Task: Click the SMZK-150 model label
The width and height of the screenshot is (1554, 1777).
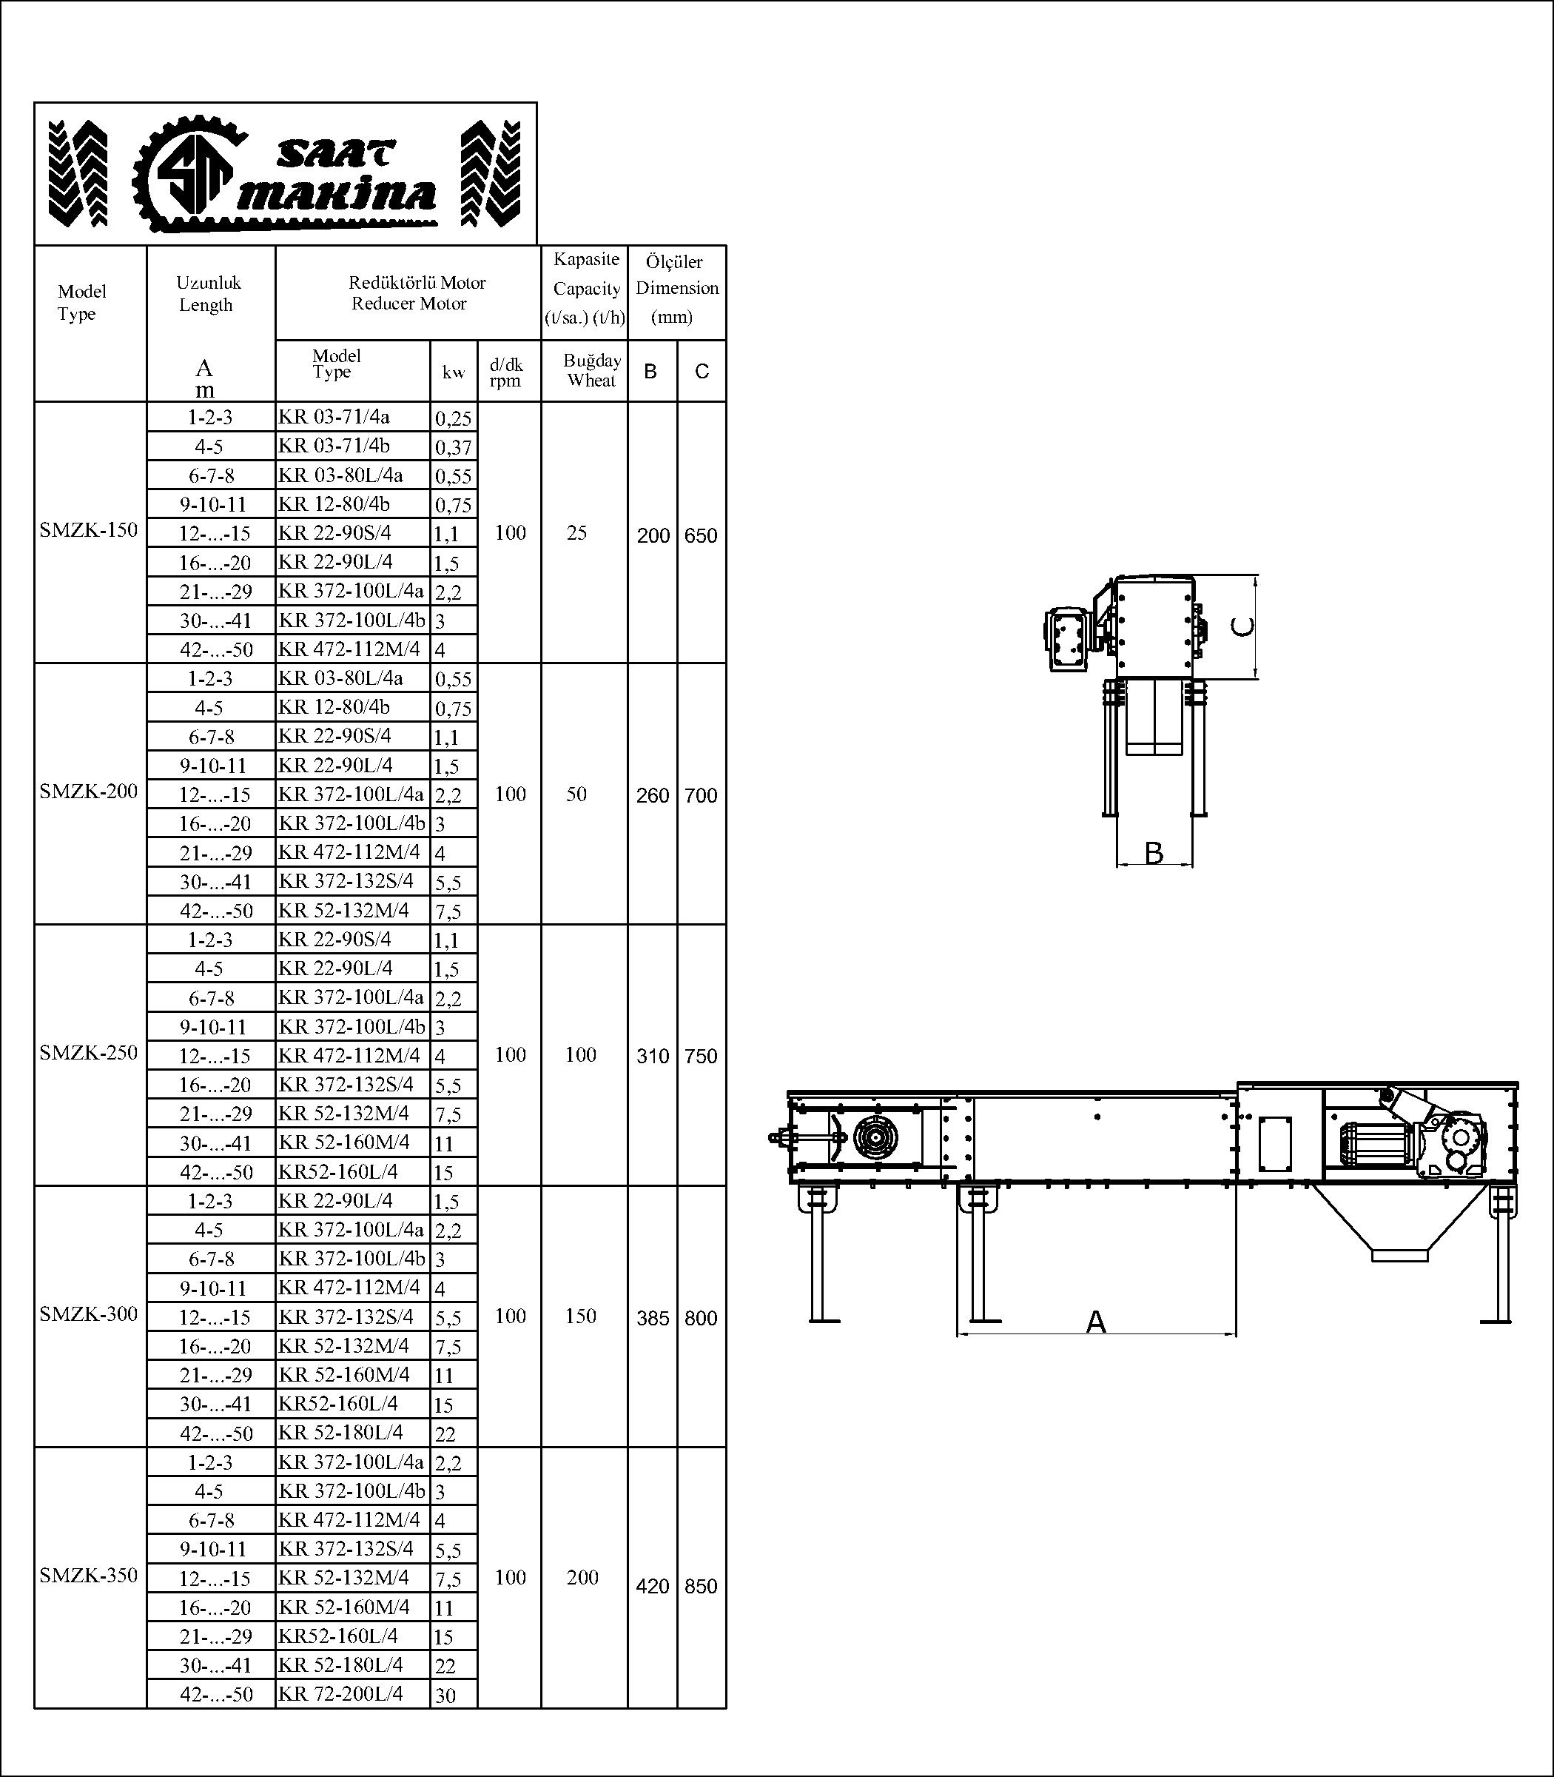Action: [x=89, y=530]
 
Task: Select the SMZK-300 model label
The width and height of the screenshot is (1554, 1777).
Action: [x=89, y=1313]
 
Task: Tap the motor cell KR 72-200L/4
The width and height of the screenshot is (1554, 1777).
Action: [x=341, y=1693]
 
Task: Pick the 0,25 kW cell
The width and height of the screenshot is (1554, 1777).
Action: [x=454, y=418]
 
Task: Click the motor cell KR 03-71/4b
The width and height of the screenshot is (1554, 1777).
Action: [x=334, y=446]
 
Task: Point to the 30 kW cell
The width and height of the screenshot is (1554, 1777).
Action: [x=445, y=1695]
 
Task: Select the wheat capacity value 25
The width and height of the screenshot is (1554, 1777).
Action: [x=576, y=533]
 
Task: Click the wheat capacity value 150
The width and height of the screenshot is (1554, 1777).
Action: [x=580, y=1316]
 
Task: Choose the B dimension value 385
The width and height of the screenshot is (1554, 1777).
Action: [x=653, y=1318]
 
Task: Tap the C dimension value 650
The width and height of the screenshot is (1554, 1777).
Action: [x=701, y=535]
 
